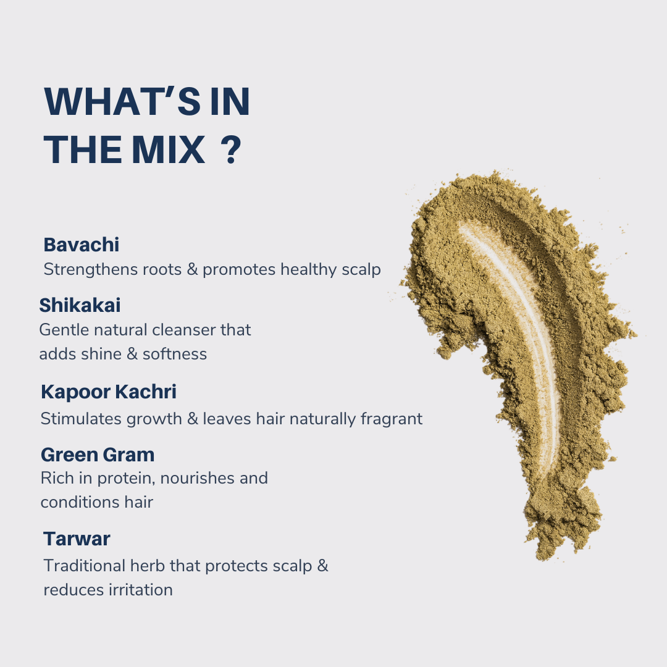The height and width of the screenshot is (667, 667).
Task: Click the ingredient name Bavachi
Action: pos(82,245)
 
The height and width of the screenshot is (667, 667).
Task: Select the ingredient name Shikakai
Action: pos(80,305)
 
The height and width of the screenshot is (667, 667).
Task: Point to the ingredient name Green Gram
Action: pos(98,455)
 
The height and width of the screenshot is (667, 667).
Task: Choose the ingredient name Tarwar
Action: pos(77,539)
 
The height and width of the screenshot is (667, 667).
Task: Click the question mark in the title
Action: pos(231,149)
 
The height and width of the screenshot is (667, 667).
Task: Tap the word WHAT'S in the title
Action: pos(122,101)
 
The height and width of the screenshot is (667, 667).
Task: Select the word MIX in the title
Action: pos(169,149)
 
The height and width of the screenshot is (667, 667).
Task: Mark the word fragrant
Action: pos(392,419)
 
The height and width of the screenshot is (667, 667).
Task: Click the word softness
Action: pos(174,354)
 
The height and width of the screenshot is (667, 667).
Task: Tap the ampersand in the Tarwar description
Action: pos(323,566)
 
